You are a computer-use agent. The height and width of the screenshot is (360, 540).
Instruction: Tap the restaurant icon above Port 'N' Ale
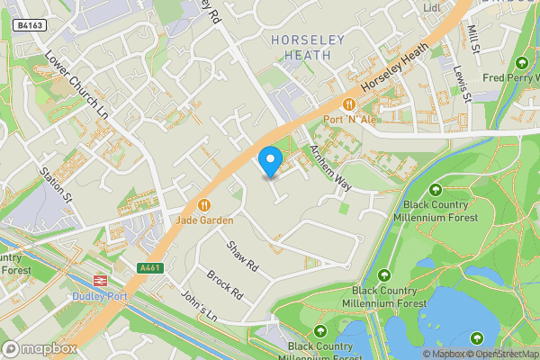coord(346,104)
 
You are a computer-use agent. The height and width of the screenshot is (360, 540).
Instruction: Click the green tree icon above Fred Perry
coord(522,63)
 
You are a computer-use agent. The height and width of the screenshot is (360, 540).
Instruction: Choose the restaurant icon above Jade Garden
coord(205,205)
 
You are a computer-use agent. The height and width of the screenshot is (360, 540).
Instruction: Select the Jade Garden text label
coord(205,220)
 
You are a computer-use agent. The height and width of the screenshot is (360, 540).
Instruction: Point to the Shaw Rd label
coord(243,256)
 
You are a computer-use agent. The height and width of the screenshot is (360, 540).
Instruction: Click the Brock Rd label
coord(225,284)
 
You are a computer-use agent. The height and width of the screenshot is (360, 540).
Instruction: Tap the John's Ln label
coord(201,307)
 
